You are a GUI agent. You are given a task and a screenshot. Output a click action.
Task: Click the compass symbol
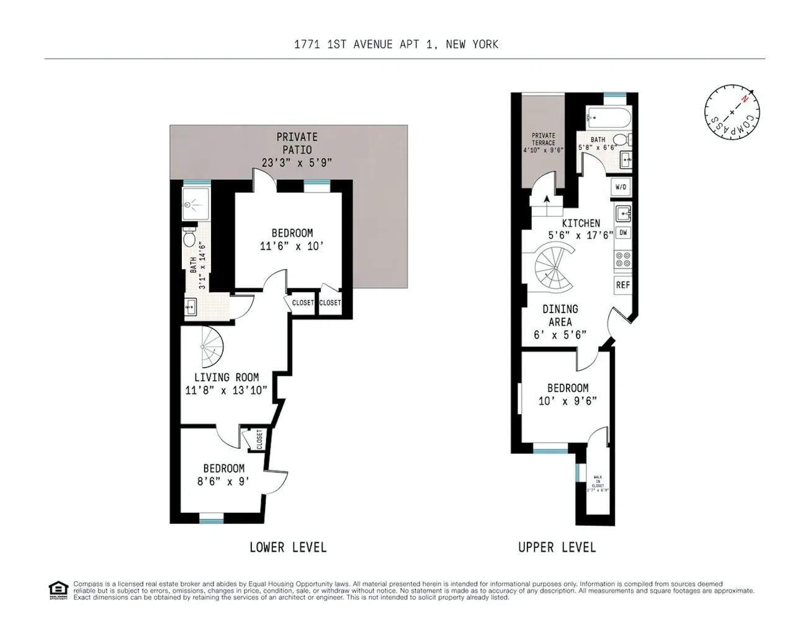click(732, 112)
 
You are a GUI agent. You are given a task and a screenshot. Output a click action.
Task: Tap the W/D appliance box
click(621, 187)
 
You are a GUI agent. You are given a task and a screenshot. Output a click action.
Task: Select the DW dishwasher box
click(623, 233)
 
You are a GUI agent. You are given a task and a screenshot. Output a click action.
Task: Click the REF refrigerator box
click(622, 285)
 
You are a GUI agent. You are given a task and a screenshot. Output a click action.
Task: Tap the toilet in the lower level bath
click(190, 238)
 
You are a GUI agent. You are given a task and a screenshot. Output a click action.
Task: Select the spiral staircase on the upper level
click(554, 269)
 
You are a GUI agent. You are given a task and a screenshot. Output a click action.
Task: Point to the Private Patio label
click(297, 143)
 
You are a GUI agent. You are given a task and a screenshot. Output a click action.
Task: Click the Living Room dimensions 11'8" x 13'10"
click(226, 390)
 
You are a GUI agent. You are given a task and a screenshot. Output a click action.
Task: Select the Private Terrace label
click(544, 139)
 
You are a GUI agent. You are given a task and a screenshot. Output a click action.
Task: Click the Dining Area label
click(560, 315)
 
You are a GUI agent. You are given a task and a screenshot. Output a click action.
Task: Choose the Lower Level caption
click(287, 547)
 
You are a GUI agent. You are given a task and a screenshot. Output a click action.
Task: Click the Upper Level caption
click(557, 547)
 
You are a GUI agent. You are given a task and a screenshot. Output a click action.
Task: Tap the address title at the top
click(396, 44)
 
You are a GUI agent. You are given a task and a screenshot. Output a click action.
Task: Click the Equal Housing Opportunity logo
click(58, 590)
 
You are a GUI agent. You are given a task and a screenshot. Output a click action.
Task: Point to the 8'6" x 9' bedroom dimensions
click(223, 481)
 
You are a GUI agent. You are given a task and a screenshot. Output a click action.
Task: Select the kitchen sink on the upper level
click(622, 213)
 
